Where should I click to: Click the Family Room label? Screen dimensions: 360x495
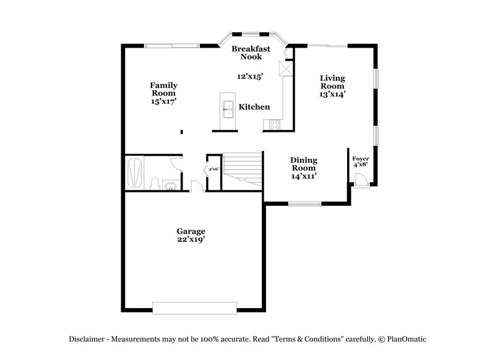pyautogui.click(x=164, y=89)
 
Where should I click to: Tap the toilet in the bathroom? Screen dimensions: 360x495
pyautogui.click(x=155, y=184)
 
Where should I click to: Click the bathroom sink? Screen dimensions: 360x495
pyautogui.click(x=171, y=185)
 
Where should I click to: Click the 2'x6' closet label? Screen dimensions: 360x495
pyautogui.click(x=214, y=168)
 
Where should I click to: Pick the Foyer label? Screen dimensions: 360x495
pyautogui.click(x=360, y=158)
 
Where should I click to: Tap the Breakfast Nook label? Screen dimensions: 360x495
pyautogui.click(x=247, y=52)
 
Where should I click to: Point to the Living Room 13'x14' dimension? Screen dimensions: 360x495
pyautogui.click(x=332, y=95)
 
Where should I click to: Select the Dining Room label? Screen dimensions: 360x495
pyautogui.click(x=304, y=163)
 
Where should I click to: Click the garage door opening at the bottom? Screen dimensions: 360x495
pyautogui.click(x=195, y=308)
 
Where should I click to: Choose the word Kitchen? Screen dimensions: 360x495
pyautogui.click(x=254, y=107)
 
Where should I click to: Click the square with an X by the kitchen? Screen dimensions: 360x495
pyautogui.click(x=285, y=68)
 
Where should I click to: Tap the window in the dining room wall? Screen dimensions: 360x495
pyautogui.click(x=304, y=203)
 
